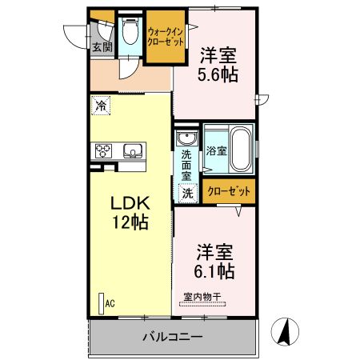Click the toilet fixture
pos(130,34)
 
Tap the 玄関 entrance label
pos(102,47)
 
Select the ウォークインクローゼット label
pos(166,36)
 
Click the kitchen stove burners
pos(105,149)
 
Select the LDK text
pos(129,202)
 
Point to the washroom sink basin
pos(186,137)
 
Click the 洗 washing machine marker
pos(187,192)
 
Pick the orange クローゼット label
pos(229,191)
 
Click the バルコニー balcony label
pos(173,338)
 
